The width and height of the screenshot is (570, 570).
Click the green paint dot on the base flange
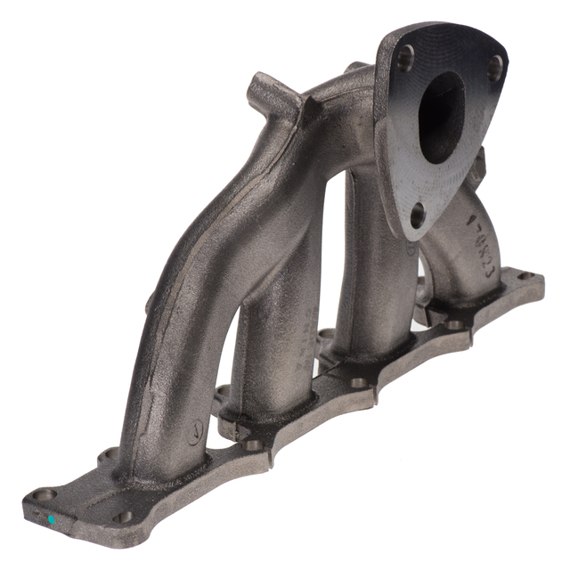tap(52, 518)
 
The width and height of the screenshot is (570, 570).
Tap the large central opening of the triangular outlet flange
tap(441, 116)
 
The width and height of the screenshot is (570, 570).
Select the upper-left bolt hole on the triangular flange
tap(404, 59)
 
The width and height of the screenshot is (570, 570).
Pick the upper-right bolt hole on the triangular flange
tap(494, 69)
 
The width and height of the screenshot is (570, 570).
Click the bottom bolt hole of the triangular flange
tap(417, 214)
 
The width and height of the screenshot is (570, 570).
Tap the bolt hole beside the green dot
tap(42, 494)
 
